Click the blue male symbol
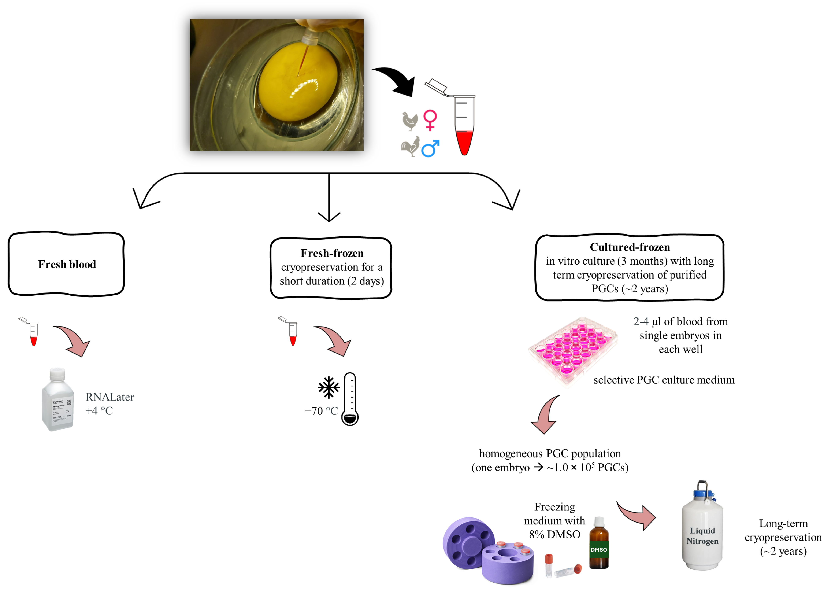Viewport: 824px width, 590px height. [430, 149]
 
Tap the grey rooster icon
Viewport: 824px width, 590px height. [410, 146]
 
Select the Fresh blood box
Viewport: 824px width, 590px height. [66, 264]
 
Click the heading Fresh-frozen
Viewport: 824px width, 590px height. [332, 253]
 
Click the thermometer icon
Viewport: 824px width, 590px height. [350, 399]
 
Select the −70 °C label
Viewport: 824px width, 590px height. [321, 411]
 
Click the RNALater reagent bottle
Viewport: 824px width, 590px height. [58, 400]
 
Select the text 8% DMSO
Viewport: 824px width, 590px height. [554, 534]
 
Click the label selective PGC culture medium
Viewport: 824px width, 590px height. [664, 380]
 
